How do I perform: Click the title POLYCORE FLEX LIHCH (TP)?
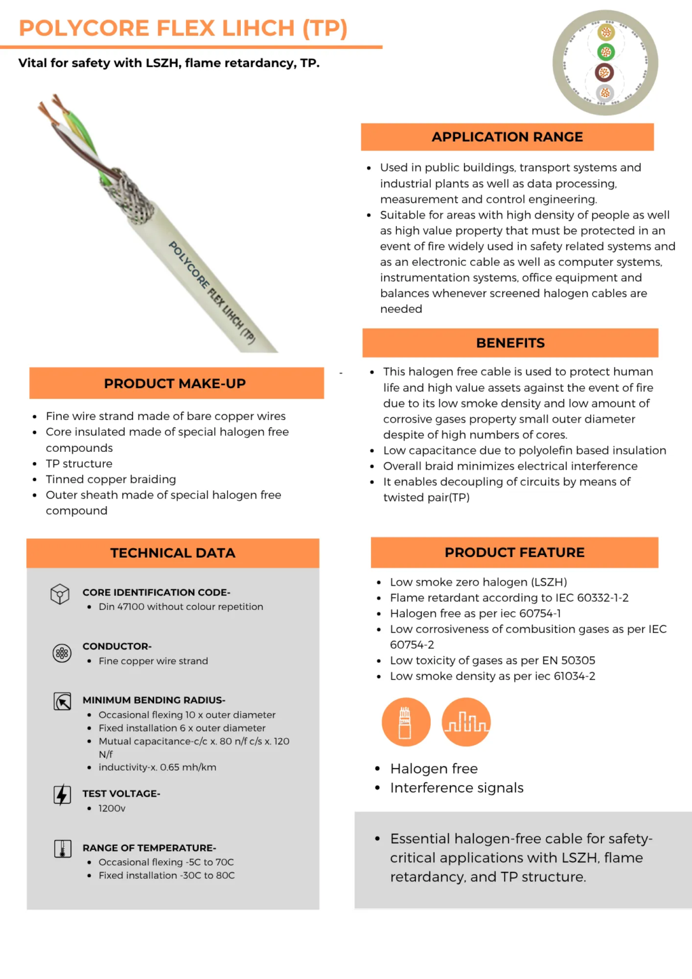[x=183, y=29]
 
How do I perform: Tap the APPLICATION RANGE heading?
[x=507, y=137]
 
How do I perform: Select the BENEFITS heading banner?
[x=510, y=343]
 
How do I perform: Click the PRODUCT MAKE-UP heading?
[x=175, y=384]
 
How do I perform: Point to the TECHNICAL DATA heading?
[x=173, y=553]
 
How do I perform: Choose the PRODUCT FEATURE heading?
[x=514, y=553]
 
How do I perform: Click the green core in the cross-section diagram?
[x=605, y=52]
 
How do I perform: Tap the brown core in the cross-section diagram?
[x=605, y=73]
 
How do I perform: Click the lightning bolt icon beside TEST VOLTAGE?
[x=62, y=795]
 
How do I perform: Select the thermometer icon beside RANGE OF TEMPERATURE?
[x=62, y=849]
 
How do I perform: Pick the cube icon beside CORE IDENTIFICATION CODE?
[x=60, y=594]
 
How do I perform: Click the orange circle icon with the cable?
[x=406, y=722]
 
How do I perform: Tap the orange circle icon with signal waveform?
[x=466, y=722]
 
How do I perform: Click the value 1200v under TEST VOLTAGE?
[x=112, y=808]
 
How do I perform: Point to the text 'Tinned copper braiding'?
[x=111, y=479]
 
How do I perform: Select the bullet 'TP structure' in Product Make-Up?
[x=79, y=463]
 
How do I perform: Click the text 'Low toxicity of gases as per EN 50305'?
[x=493, y=660]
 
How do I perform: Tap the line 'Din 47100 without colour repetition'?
[x=181, y=607]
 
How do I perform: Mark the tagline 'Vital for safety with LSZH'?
[x=169, y=63]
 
